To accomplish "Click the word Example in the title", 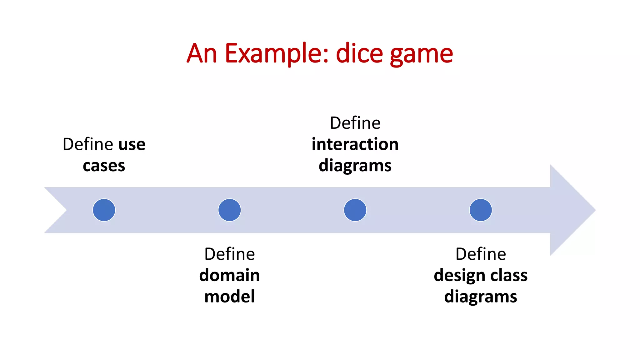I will [x=277, y=54].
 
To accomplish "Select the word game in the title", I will [x=422, y=55].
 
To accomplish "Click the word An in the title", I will [x=202, y=54].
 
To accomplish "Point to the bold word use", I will [x=132, y=145].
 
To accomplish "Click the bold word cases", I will [x=104, y=166].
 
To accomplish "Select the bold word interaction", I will [x=355, y=144].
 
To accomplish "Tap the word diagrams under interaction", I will [x=355, y=166].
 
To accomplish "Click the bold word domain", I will [x=230, y=275].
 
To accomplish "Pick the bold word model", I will [x=230, y=297].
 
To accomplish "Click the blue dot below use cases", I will [x=104, y=210].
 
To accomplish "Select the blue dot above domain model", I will [x=230, y=210].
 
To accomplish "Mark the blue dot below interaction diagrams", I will [x=355, y=210].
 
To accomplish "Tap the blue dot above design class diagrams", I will [x=481, y=210].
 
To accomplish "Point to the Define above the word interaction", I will [x=355, y=123].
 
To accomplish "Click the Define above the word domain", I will [x=230, y=254].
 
